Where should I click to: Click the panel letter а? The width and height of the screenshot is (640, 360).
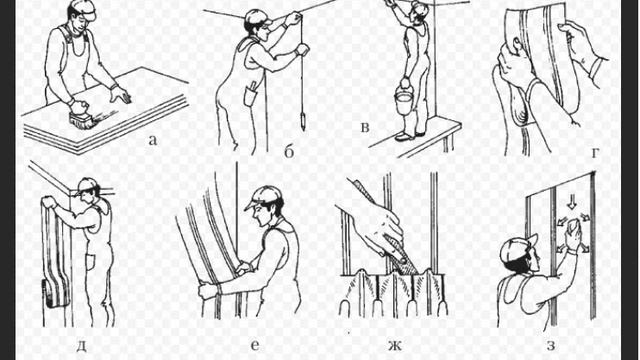point(152,141)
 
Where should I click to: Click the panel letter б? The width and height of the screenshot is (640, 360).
point(289,152)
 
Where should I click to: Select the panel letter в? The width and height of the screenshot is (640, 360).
point(365,128)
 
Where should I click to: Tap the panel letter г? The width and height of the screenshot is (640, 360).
point(596,153)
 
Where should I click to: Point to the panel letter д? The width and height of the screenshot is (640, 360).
point(81,346)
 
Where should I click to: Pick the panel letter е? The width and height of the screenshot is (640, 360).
point(255,345)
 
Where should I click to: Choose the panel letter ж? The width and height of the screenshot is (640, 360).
point(395,346)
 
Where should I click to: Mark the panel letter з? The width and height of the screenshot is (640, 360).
point(551,345)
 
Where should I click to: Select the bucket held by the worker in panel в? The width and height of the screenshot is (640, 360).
point(404,102)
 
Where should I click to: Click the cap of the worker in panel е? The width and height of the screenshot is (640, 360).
point(264,198)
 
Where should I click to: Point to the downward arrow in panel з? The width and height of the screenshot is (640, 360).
point(572,202)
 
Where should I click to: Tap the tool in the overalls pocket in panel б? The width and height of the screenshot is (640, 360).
point(252,87)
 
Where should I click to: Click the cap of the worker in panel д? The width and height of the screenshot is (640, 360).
point(89,186)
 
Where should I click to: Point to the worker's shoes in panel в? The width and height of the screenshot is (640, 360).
point(409,136)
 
